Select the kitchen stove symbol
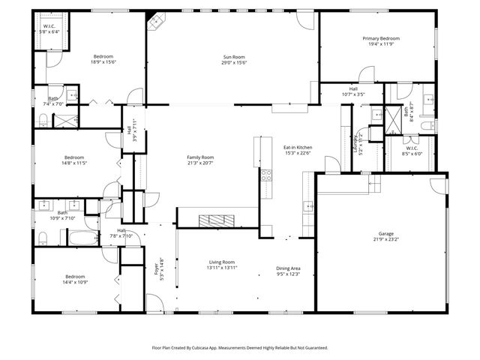coord(265,176)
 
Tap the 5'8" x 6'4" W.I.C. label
coord(49,29)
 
